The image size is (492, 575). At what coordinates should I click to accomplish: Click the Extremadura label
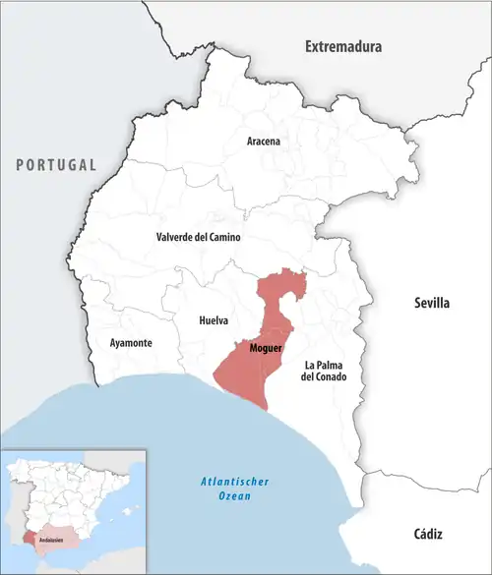click(x=342, y=46)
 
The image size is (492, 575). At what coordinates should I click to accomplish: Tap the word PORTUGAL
click(x=56, y=165)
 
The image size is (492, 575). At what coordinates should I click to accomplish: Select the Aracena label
click(x=263, y=142)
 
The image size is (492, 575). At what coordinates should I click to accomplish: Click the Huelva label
click(x=214, y=321)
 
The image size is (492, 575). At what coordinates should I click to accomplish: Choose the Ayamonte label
click(x=124, y=343)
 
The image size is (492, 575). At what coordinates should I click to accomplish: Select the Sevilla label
click(x=430, y=304)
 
